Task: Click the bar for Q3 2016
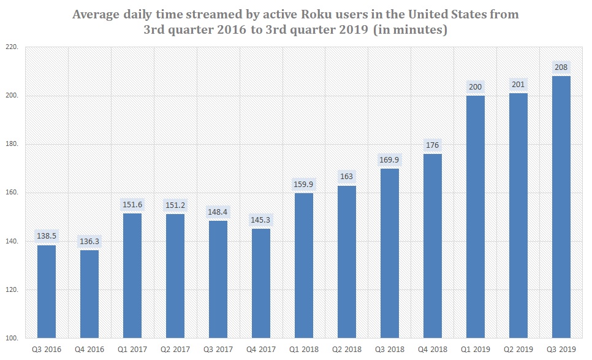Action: (47, 291)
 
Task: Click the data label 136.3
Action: (89, 242)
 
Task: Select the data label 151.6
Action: (132, 204)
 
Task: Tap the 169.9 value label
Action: (390, 160)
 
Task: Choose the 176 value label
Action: (433, 145)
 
